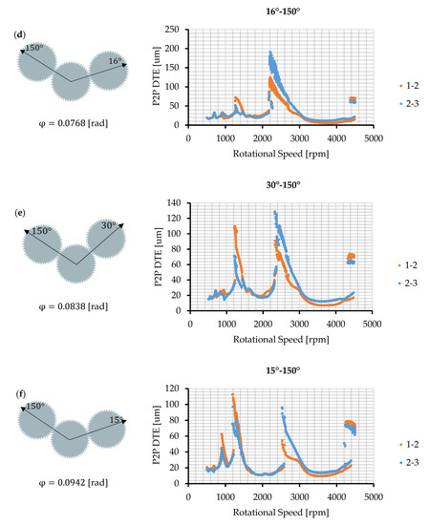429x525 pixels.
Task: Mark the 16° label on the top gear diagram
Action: point(116,60)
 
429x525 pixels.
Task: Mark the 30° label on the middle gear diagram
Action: point(109,226)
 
